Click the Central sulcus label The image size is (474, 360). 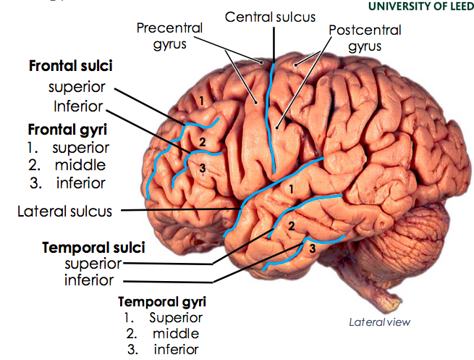click(270, 16)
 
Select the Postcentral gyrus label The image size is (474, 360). click(364, 38)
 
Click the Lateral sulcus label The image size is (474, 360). click(65, 212)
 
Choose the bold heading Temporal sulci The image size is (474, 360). click(93, 248)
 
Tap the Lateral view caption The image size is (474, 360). click(379, 322)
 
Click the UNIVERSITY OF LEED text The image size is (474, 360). click(421, 7)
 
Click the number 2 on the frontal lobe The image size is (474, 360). click(203, 142)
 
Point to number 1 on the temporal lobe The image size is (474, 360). click(291, 189)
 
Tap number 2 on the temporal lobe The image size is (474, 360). click(291, 226)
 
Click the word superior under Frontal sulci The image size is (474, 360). click(77, 88)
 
